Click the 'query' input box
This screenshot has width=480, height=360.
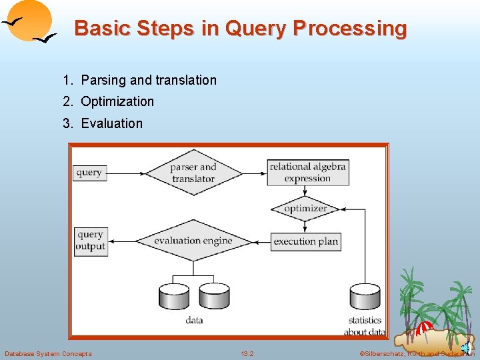point(89,173)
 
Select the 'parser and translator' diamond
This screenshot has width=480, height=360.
point(193,173)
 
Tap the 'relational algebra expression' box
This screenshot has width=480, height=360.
point(307,172)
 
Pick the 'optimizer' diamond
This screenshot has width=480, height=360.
point(305,209)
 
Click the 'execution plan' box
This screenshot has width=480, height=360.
point(305,241)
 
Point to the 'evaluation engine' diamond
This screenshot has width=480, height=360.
point(193,241)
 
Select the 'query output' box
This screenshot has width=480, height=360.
point(90,241)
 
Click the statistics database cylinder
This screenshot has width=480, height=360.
point(365,297)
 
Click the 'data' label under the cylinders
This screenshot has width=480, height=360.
point(194,320)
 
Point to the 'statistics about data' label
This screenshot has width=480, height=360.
point(365,326)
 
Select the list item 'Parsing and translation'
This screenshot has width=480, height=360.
point(149,80)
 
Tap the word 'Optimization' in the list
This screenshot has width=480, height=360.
point(117,101)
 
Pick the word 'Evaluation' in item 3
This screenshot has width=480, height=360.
point(111,123)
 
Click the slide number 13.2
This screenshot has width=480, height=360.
point(247,353)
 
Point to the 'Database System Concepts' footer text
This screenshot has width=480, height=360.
point(49,353)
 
